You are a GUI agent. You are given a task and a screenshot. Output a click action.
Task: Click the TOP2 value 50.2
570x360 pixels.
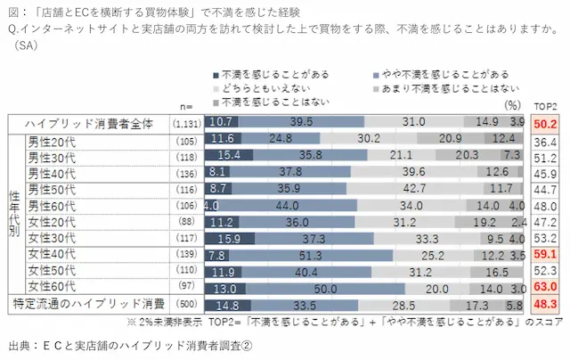pos(545,122)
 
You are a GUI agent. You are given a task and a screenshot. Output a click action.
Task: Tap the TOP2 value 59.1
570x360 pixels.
pos(545,254)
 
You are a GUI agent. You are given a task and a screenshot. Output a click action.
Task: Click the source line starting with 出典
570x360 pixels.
pos(128,343)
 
